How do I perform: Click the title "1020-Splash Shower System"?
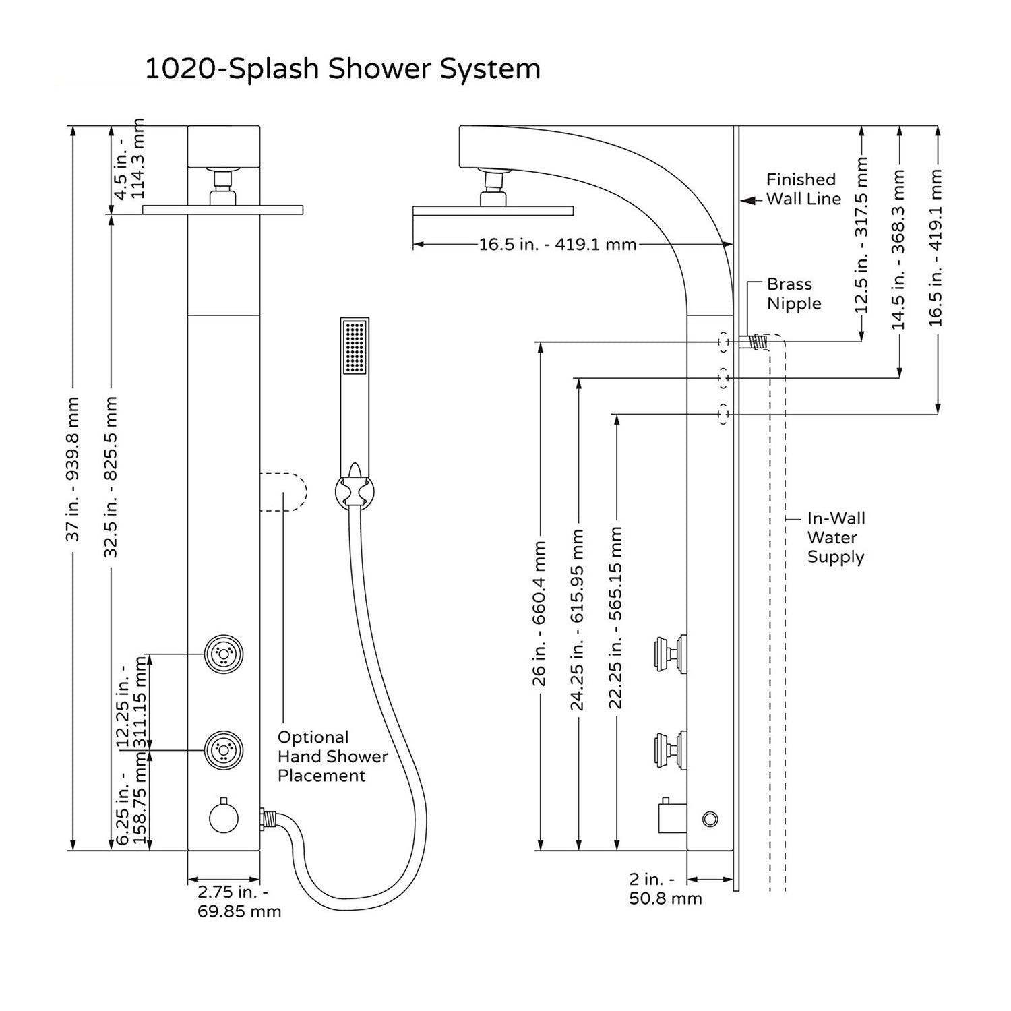pyautogui.click(x=342, y=69)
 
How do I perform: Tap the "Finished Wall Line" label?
pyautogui.click(x=803, y=189)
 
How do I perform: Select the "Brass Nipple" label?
pyautogui.click(x=793, y=294)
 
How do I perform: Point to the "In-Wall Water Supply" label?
pyautogui.click(x=836, y=537)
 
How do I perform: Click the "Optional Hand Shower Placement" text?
pyautogui.click(x=332, y=756)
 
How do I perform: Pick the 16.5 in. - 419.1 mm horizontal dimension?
pyautogui.click(x=557, y=245)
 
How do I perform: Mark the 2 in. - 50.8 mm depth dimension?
pyautogui.click(x=665, y=889)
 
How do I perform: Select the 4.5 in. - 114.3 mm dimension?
pyautogui.click(x=129, y=160)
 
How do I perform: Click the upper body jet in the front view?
pyautogui.click(x=224, y=653)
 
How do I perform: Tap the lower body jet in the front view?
pyautogui.click(x=224, y=749)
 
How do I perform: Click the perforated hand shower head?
pyautogui.click(x=355, y=346)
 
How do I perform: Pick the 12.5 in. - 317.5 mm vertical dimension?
pyautogui.click(x=861, y=235)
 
